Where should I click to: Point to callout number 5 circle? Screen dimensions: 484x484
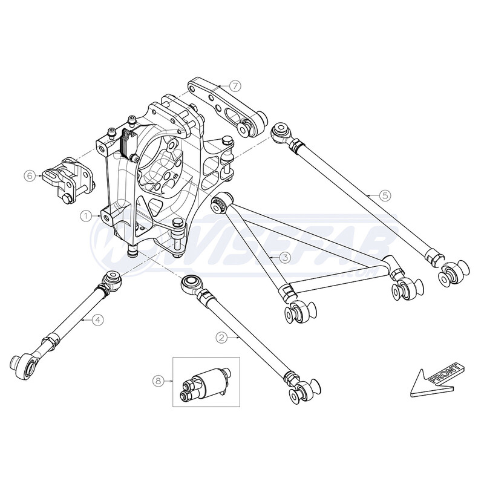click(386, 195)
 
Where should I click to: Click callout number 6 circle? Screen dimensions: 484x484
click(28, 176)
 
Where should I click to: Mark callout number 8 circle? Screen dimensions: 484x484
click(159, 381)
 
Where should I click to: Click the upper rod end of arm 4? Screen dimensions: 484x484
click(113, 281)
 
